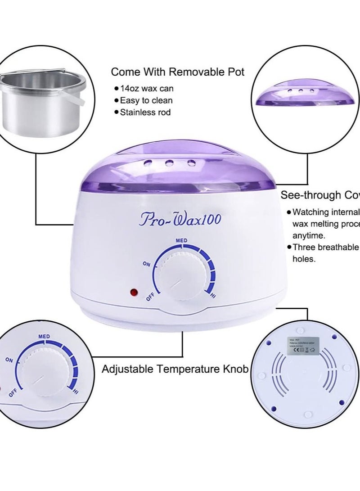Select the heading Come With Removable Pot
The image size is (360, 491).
point(178,72)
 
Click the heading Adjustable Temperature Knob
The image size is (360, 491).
point(175,369)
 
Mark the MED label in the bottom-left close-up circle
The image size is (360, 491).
point(44,336)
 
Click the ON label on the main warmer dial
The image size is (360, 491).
point(146,264)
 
